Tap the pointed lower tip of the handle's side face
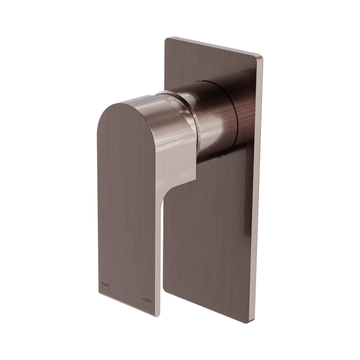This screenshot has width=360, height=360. tap(196, 179)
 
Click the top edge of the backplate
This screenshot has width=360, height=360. tap(211, 47)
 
